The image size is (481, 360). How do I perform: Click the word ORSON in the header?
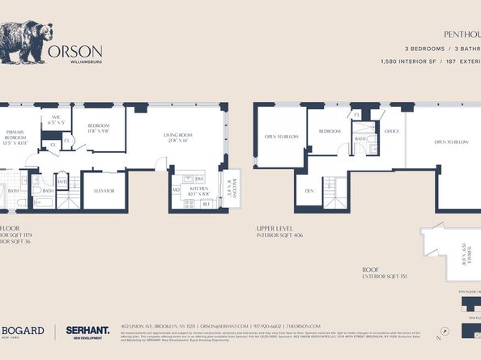point(75,50)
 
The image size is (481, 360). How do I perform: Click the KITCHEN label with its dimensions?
point(198,192)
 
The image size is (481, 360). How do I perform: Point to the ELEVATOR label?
point(104,190)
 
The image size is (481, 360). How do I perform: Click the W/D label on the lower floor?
point(62,182)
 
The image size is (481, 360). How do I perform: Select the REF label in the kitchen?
point(206,205)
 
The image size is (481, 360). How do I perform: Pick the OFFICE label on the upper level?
point(393,130)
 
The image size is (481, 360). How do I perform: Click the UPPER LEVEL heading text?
point(273,229)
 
